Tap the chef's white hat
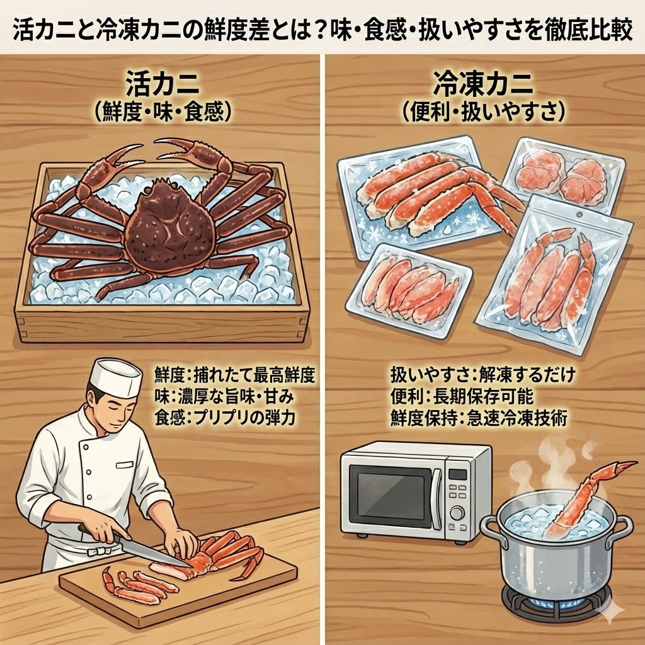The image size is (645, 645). click(x=115, y=377)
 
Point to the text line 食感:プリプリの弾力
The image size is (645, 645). click(x=225, y=416)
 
